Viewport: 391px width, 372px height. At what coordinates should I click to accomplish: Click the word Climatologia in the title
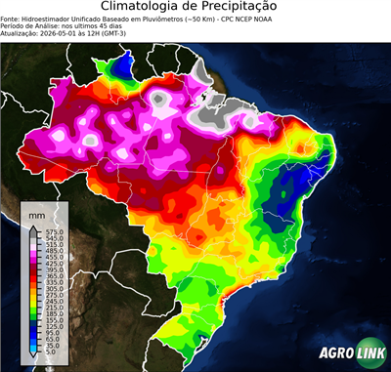pos(146,7)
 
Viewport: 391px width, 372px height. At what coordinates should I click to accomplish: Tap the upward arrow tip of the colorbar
pos(33,226)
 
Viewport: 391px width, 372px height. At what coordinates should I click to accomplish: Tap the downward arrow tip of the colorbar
pos(33,356)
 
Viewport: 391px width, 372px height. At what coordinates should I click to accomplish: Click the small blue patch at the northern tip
pos(124,64)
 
